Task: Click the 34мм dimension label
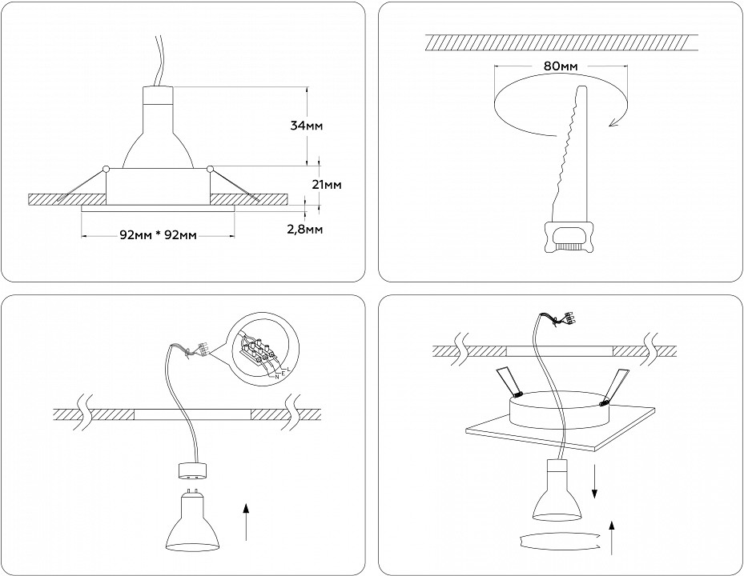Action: [x=307, y=126]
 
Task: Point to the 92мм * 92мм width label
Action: [x=158, y=235]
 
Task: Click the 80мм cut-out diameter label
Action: [x=560, y=66]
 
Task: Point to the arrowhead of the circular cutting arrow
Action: [x=613, y=121]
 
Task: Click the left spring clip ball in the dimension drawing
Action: [x=107, y=168]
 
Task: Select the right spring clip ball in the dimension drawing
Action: [x=210, y=168]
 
